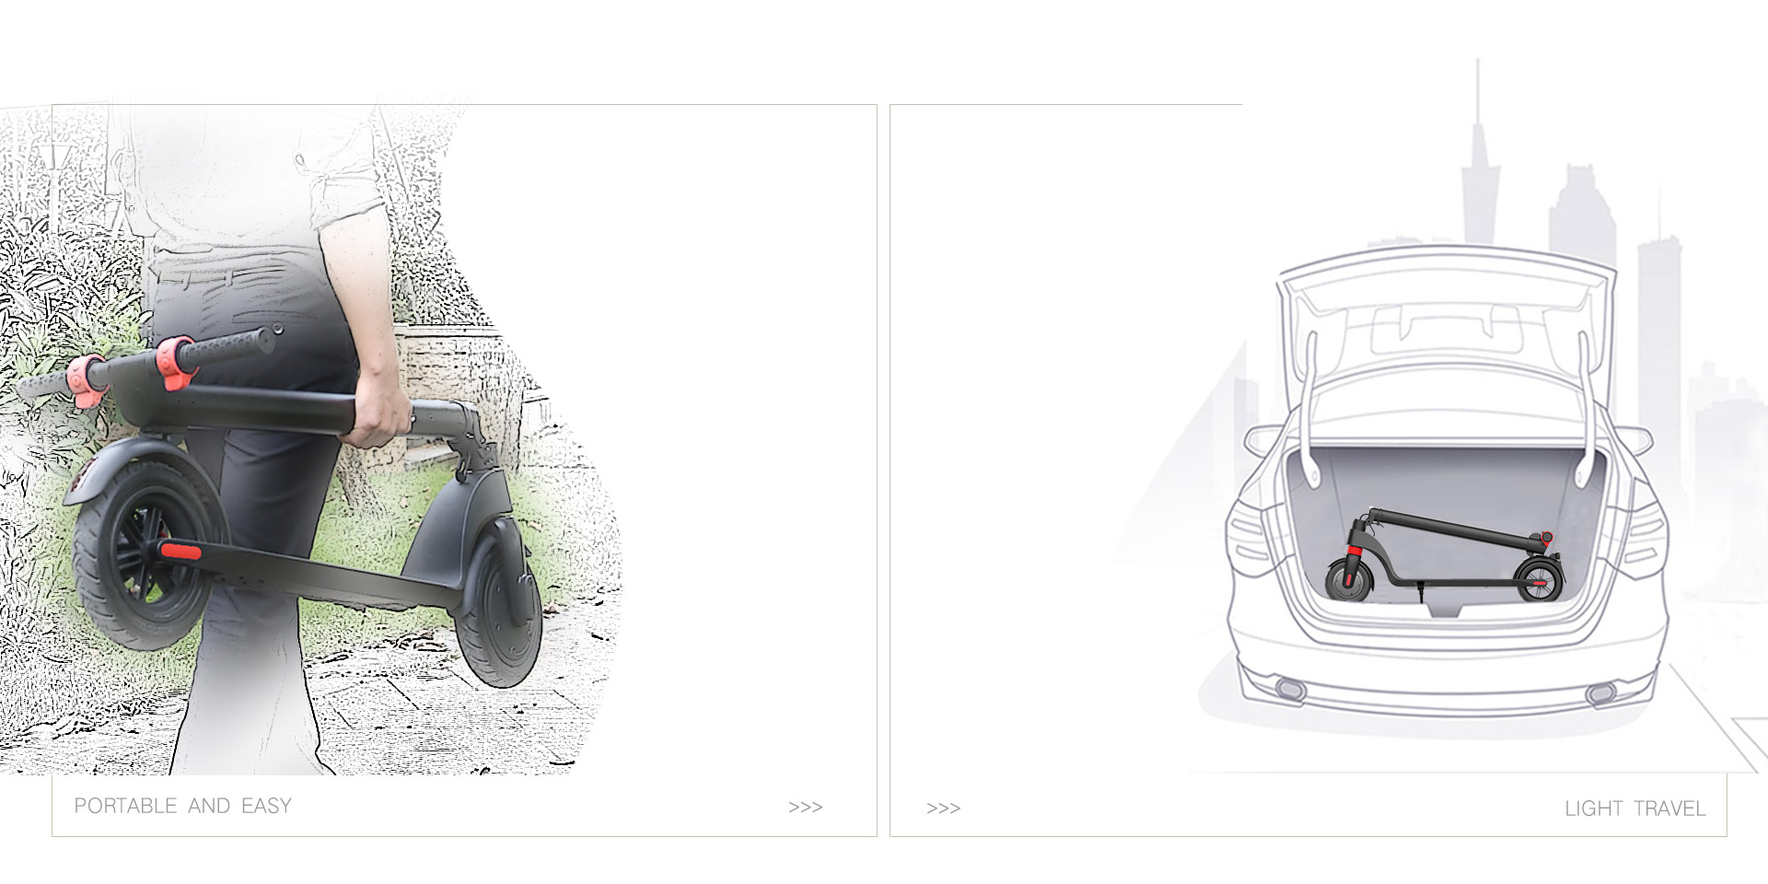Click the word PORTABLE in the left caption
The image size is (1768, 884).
coord(125,806)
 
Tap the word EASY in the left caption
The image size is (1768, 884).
coord(266,806)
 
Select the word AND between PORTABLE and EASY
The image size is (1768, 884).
coord(209,806)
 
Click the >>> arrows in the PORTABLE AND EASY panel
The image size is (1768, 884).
coord(805,808)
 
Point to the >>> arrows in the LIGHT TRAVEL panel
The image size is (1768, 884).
coord(943,808)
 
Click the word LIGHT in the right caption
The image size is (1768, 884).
coord(1593,808)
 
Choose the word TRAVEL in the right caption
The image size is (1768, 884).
coord(1669,808)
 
